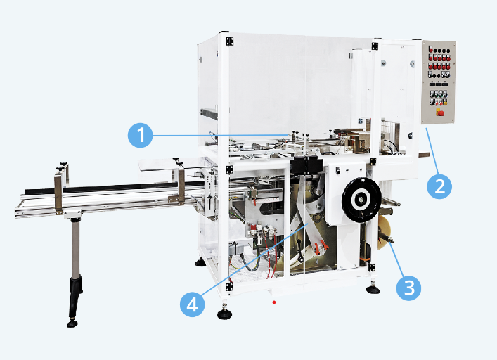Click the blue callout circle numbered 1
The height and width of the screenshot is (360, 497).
(140, 135)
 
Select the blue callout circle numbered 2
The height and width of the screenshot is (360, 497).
(439, 186)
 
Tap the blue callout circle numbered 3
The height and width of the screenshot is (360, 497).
(409, 288)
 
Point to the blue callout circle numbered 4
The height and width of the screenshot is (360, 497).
(192, 304)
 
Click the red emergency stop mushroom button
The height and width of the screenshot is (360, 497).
(439, 112)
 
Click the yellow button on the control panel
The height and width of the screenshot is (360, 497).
(445, 103)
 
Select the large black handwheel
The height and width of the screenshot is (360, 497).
(361, 200)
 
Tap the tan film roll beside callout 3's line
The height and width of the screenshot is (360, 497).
(384, 233)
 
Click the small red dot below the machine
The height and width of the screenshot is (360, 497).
(274, 302)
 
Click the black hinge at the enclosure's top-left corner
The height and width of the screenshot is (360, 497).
(229, 41)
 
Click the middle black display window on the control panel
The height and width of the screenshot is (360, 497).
(439, 84)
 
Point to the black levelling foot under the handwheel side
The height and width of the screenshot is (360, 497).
(373, 289)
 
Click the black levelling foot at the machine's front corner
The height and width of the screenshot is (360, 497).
(224, 314)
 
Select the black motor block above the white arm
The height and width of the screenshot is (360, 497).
(306, 165)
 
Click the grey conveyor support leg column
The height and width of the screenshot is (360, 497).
(75, 249)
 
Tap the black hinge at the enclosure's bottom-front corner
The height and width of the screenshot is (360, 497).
(229, 287)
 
